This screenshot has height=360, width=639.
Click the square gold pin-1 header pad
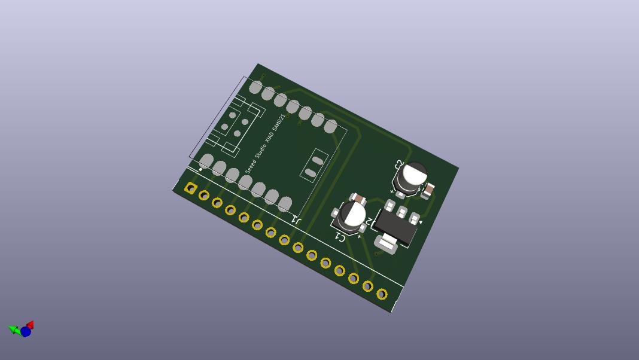point(191,188)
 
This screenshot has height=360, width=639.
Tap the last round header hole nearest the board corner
point(382,294)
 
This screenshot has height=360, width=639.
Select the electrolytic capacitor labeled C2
point(412,177)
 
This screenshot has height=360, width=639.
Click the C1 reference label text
point(340,237)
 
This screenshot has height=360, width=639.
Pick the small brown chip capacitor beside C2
point(428,191)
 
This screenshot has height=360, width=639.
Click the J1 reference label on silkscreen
point(296,220)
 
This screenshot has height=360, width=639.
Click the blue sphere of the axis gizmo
point(25,331)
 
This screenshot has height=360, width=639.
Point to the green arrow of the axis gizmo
point(13,329)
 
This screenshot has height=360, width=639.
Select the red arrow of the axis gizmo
point(30,325)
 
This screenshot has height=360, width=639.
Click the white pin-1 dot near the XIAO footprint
point(200,170)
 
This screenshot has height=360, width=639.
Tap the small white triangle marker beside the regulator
point(421,222)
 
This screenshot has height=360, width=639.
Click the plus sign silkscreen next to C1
point(360,237)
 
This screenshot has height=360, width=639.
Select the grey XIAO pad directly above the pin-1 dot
point(206,161)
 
